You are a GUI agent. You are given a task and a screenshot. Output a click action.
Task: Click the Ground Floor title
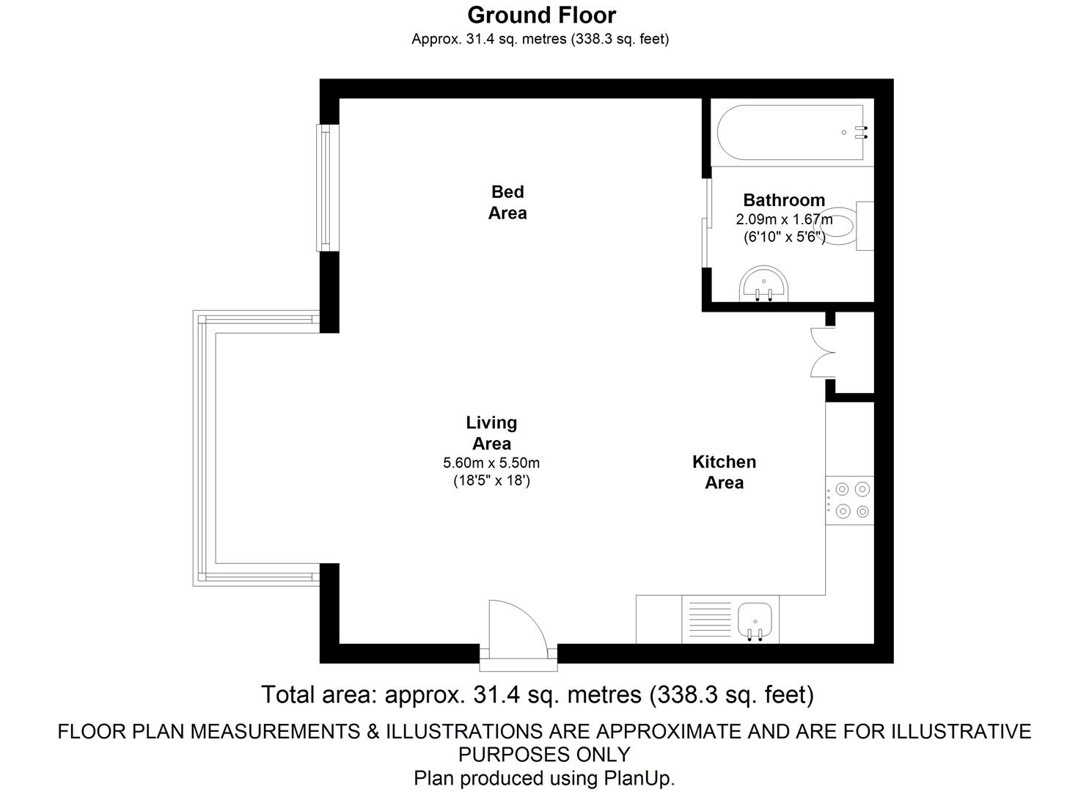pyautogui.click(x=542, y=15)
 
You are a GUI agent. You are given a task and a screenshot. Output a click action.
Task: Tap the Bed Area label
pyautogui.click(x=507, y=202)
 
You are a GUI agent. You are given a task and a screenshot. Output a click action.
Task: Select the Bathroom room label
pyautogui.click(x=784, y=199)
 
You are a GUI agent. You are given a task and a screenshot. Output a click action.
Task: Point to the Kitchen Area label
pyautogui.click(x=725, y=472)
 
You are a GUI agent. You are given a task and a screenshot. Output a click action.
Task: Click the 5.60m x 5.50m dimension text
pyautogui.click(x=491, y=462)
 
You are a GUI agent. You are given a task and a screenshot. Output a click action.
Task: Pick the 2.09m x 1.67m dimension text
pyautogui.click(x=784, y=220)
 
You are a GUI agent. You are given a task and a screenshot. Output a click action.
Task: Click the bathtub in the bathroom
pyautogui.click(x=791, y=132)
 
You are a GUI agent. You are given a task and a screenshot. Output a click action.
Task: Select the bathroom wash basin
pyautogui.click(x=763, y=284)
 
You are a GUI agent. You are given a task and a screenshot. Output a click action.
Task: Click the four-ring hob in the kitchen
pyautogui.click(x=850, y=500)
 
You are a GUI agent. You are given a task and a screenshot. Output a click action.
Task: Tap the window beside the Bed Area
pyautogui.click(x=328, y=188)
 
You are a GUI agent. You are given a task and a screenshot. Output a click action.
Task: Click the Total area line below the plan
pyautogui.click(x=538, y=694)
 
